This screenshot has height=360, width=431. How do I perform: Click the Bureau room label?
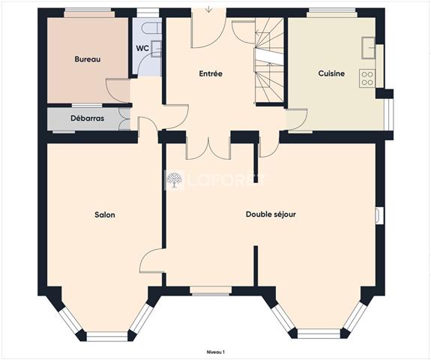(x=88, y=59)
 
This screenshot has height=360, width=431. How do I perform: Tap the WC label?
(x=142, y=49)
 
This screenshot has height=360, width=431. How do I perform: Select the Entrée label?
(x=211, y=73)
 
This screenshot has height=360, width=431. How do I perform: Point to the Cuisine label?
(x=331, y=73)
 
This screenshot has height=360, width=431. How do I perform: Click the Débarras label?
(x=88, y=118)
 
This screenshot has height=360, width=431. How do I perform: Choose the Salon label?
(x=105, y=214)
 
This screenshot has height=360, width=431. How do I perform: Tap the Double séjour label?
(x=271, y=214)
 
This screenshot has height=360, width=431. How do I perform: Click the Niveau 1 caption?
(x=216, y=352)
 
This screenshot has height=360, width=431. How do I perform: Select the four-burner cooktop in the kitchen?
(x=367, y=79)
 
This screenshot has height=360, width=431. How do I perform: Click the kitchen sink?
(x=368, y=48)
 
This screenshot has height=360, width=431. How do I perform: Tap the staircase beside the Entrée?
(x=269, y=61)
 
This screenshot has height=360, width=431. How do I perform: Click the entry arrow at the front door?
(x=209, y=10)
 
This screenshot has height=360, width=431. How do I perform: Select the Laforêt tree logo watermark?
(x=174, y=181)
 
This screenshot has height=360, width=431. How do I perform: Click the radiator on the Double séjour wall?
(x=379, y=214)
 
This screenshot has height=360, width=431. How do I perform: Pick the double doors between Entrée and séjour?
(x=208, y=148)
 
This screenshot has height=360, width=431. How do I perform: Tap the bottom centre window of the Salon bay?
(x=107, y=337)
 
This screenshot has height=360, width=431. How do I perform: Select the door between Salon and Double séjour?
(x=152, y=261)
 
